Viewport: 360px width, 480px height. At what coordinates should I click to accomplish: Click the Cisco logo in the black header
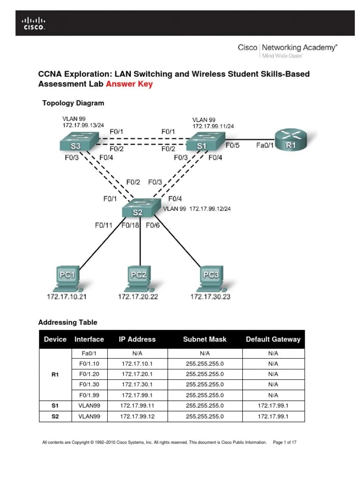click(x=31, y=23)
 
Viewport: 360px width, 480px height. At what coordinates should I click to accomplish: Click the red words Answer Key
click(x=129, y=84)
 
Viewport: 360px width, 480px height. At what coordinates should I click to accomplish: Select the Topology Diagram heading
click(x=73, y=103)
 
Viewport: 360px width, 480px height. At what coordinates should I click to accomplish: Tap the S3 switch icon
click(x=78, y=142)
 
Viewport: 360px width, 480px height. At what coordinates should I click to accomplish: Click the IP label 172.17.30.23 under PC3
click(x=210, y=297)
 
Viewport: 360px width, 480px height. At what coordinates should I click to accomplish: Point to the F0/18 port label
click(x=131, y=225)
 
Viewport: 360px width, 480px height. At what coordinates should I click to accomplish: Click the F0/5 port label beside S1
click(x=232, y=145)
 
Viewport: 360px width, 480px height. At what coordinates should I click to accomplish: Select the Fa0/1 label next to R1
click(x=265, y=145)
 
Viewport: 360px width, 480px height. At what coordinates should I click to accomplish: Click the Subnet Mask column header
click(x=204, y=339)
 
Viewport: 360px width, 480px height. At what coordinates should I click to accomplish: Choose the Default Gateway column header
click(x=273, y=339)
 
